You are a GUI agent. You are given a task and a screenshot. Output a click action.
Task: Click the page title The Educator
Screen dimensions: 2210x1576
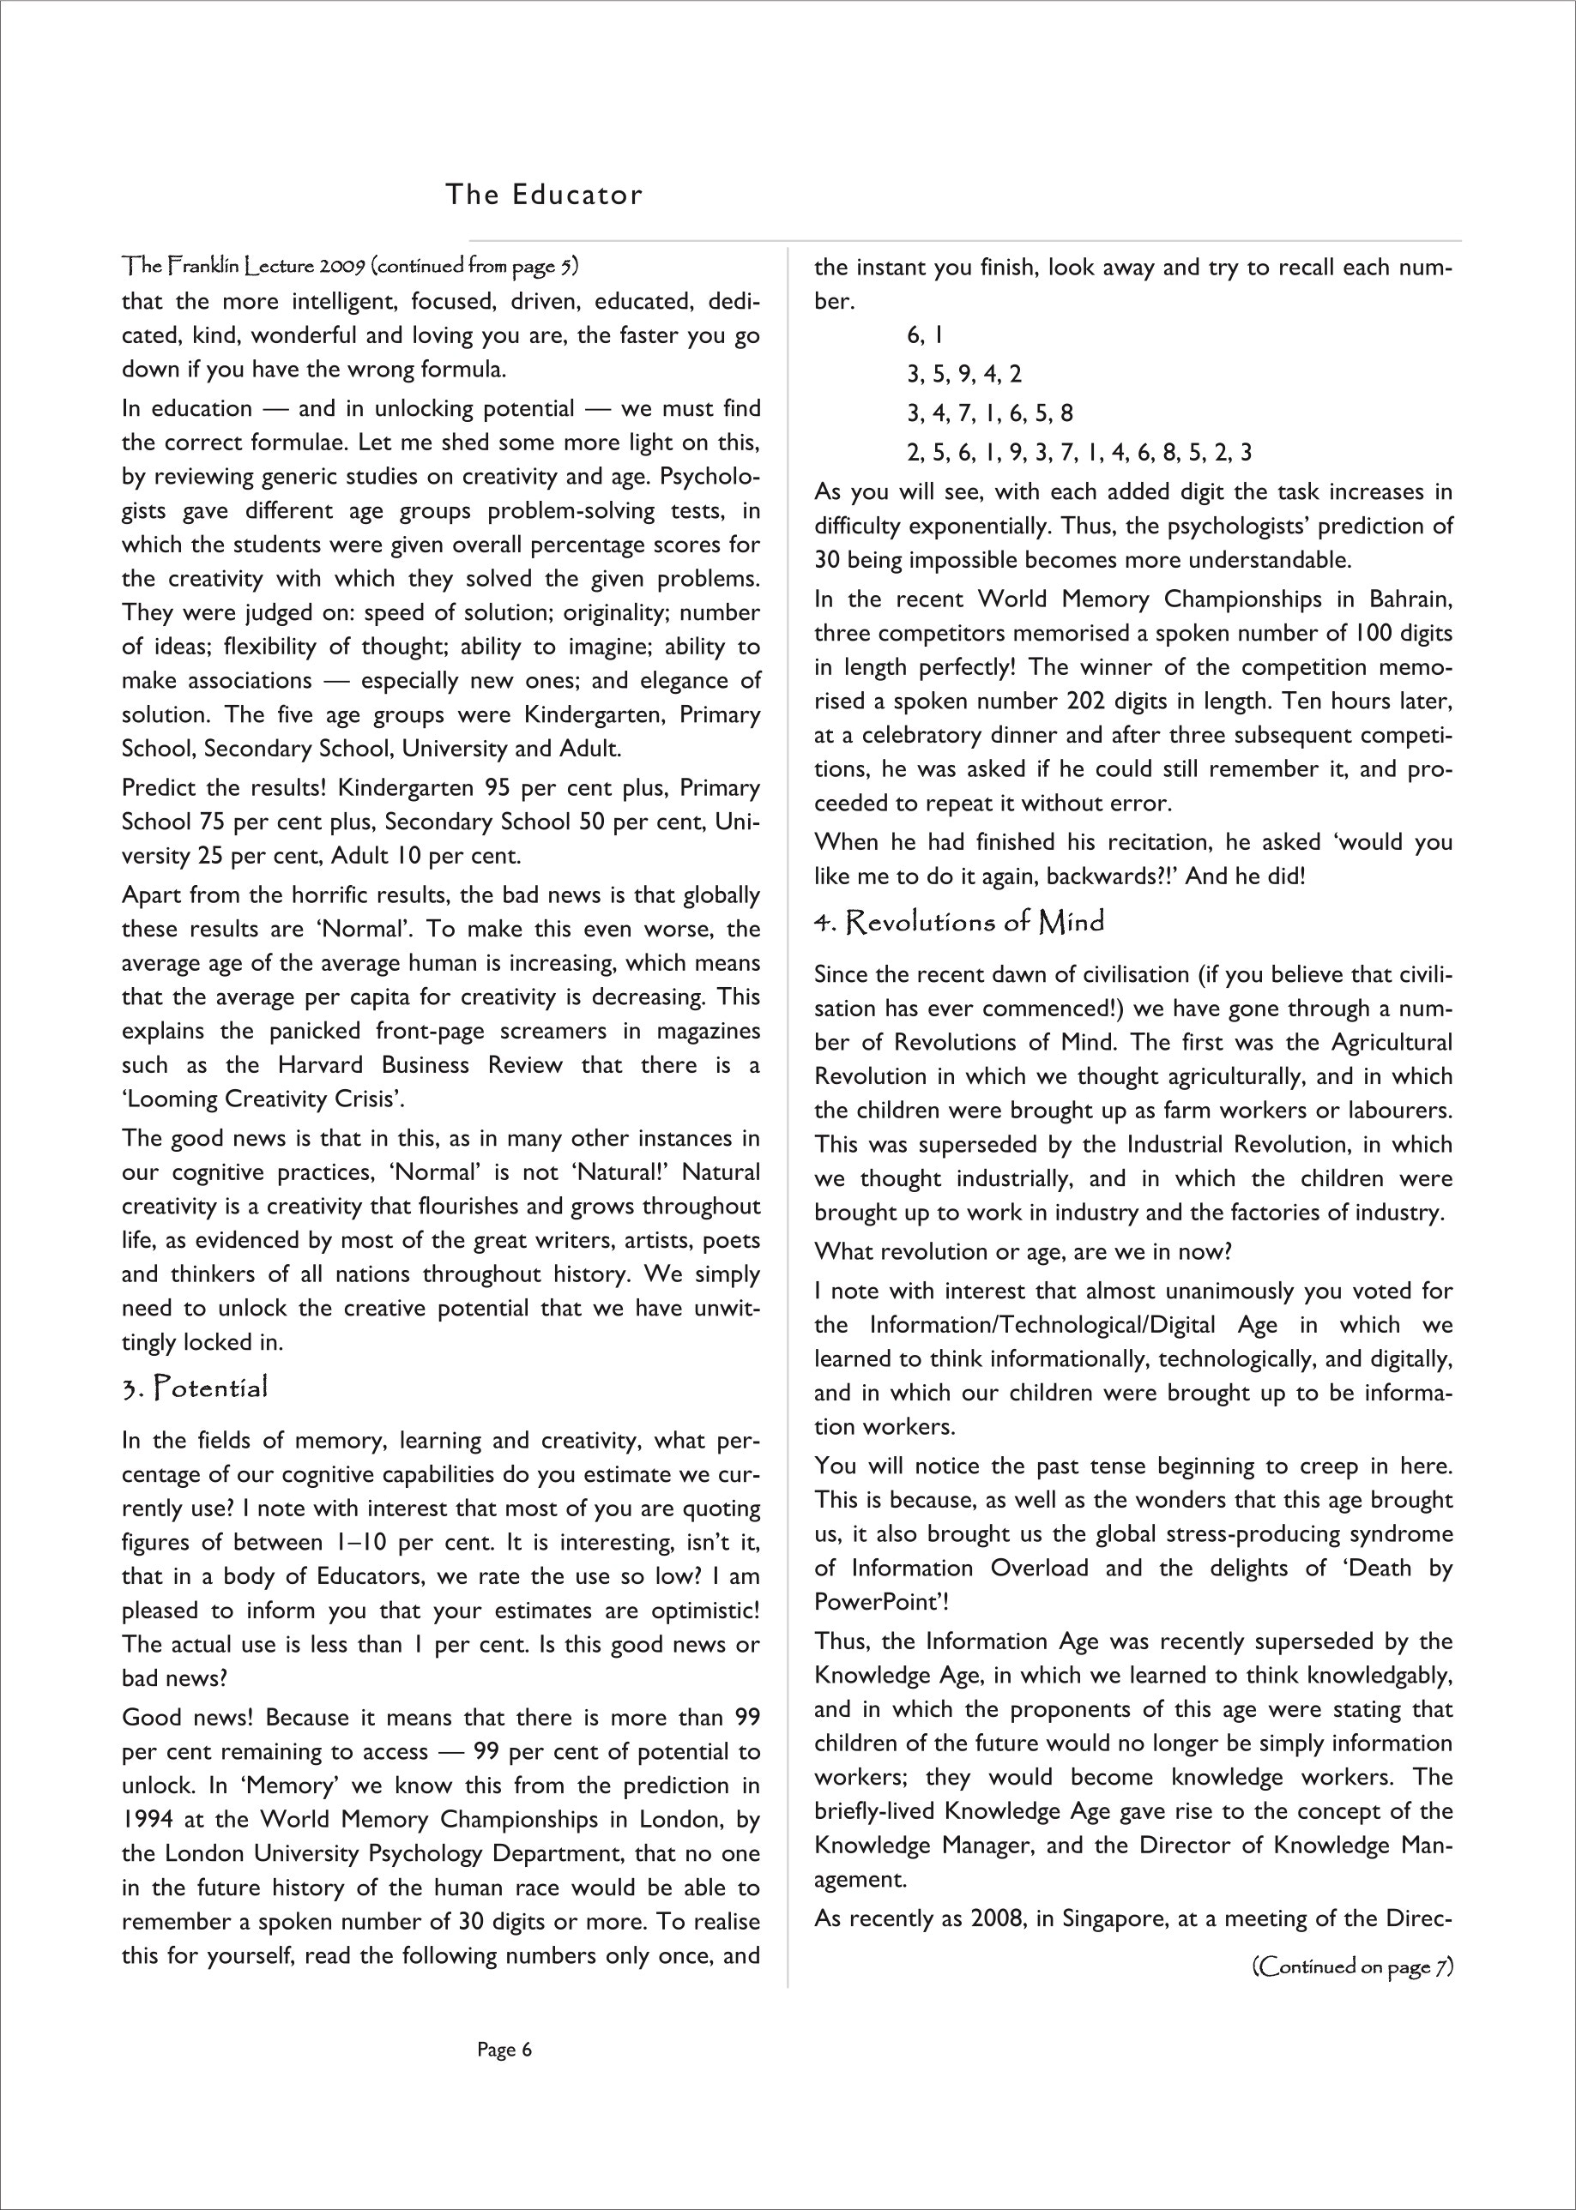pos(543,195)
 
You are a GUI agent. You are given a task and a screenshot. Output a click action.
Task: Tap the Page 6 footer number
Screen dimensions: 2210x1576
pos(504,2050)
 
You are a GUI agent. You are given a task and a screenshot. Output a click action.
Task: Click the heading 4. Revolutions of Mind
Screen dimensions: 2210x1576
pos(959,922)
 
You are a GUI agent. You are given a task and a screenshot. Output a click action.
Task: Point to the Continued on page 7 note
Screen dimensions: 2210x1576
pos(1353,1966)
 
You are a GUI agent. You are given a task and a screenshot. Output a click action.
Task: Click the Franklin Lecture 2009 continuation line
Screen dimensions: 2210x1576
pos(350,265)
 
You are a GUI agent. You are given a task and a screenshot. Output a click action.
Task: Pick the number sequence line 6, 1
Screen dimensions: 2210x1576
pos(924,335)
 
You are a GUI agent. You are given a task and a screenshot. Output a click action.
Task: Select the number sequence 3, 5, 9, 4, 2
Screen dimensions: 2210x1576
pos(963,375)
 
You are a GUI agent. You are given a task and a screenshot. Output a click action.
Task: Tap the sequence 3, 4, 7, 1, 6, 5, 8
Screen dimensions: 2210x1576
pos(990,413)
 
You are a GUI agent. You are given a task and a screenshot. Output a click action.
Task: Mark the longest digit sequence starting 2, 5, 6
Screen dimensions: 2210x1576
pos(1079,452)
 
